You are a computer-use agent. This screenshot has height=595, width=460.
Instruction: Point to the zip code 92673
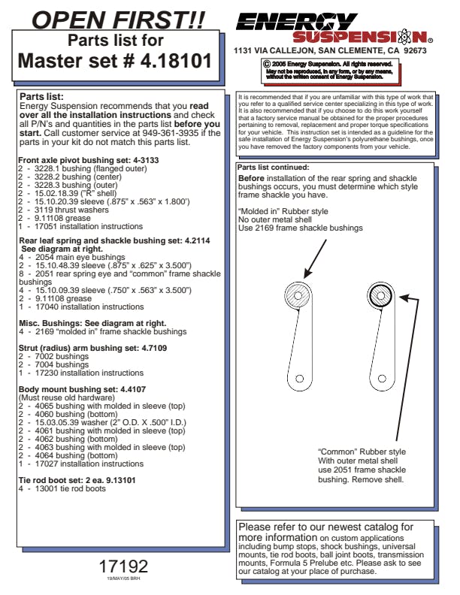coord(415,51)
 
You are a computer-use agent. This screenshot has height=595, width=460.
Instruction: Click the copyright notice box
coord(328,70)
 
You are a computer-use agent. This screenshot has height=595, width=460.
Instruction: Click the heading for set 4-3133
coord(77,160)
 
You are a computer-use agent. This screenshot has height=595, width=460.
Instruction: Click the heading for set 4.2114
coord(104,240)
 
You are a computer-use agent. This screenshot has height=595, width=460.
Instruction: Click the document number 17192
coord(123,566)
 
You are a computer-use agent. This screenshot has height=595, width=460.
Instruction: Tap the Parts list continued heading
coord(273,167)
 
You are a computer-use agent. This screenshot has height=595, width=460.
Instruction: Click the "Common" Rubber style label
coord(362,451)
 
